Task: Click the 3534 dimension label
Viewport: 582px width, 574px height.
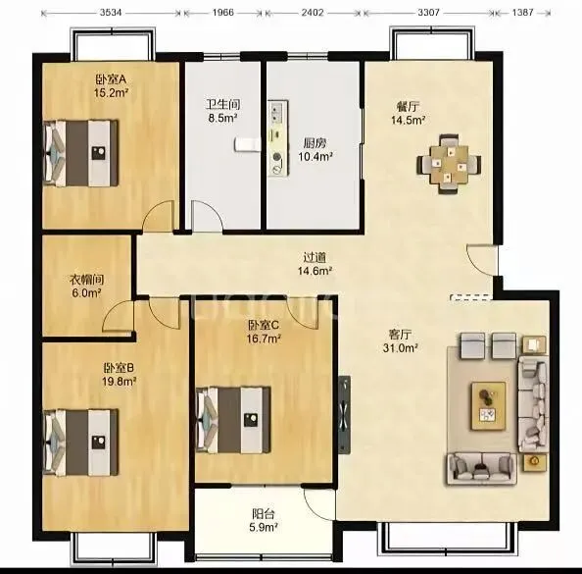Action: click(x=111, y=13)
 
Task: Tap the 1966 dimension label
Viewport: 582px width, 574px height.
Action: click(x=223, y=13)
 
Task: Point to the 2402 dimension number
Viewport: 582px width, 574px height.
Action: click(x=313, y=13)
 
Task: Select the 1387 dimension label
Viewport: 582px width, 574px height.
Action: click(x=522, y=13)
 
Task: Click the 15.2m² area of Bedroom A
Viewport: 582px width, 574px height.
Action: click(x=111, y=92)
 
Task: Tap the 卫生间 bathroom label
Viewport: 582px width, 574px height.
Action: click(x=222, y=104)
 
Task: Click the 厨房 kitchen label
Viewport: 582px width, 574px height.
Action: click(x=315, y=142)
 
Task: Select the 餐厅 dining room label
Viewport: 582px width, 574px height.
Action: click(x=408, y=107)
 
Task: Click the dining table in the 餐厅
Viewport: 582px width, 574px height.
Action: click(x=449, y=164)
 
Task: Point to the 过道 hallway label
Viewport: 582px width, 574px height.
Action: click(x=315, y=257)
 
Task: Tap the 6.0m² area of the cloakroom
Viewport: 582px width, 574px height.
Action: click(x=87, y=293)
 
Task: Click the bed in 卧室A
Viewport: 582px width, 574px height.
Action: click(x=81, y=153)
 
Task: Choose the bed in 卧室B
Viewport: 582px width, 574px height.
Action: click(x=81, y=442)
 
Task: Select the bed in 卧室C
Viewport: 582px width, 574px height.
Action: click(x=233, y=420)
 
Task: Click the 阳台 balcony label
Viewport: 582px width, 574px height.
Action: click(x=264, y=514)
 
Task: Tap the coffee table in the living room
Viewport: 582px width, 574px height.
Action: click(x=489, y=406)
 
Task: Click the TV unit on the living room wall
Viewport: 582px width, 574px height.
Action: click(x=345, y=414)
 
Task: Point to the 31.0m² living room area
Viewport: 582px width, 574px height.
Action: click(x=401, y=348)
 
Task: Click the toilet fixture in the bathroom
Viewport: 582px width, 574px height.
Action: click(x=247, y=144)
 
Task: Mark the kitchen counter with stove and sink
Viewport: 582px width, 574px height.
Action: click(x=278, y=138)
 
